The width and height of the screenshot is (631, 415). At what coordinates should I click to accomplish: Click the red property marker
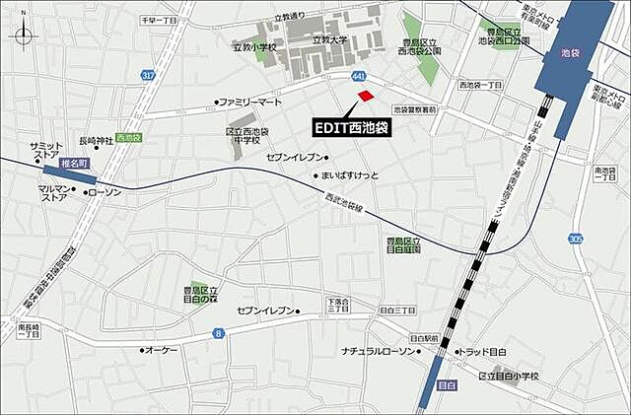[x=366, y=96]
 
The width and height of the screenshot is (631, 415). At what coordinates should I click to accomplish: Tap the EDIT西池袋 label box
[x=352, y=128]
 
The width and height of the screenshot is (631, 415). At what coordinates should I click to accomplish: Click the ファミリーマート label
[x=249, y=102]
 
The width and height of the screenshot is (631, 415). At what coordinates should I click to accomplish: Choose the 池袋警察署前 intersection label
[x=414, y=110]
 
